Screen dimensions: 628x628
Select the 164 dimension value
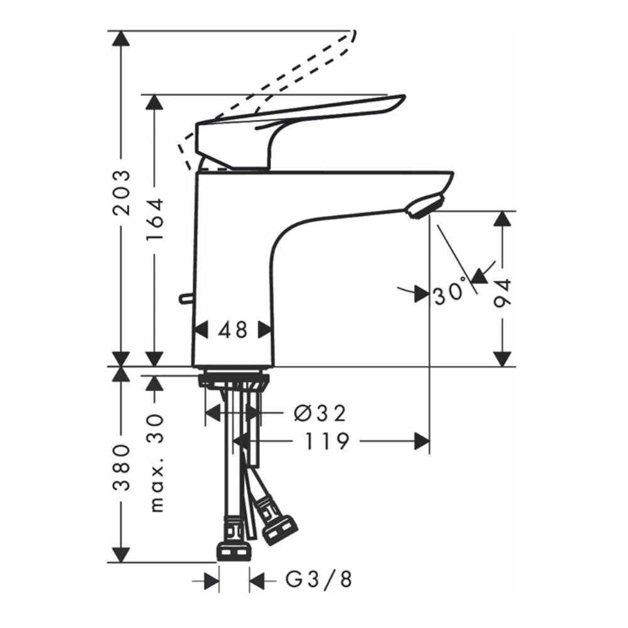pos(154,220)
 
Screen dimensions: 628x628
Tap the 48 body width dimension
pos(233,330)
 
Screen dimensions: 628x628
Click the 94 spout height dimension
pos(502,292)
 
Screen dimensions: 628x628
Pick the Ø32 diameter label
pos(320,413)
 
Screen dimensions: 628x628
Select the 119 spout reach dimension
pos(327,442)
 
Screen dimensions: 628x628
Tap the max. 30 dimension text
pos(154,463)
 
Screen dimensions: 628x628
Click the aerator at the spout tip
pos(425,207)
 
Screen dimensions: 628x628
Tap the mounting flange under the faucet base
pos(233,381)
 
